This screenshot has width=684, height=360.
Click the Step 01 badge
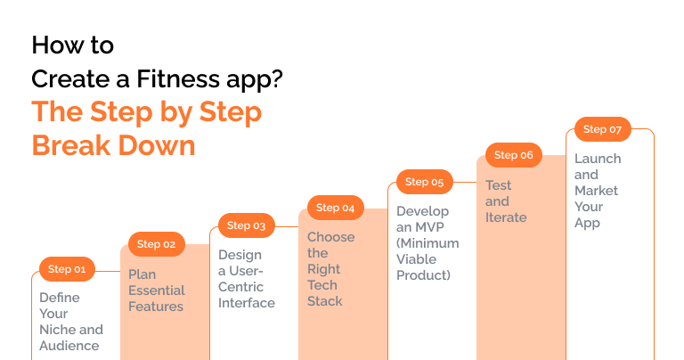[67, 269]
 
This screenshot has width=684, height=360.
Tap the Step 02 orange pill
[156, 244]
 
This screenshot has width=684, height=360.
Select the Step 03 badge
[246, 225]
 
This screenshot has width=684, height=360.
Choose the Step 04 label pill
[335, 208]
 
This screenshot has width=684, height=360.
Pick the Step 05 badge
[424, 182]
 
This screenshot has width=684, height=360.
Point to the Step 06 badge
[513, 155]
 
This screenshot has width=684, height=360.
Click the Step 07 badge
[602, 129]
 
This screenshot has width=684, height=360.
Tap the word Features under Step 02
[156, 307]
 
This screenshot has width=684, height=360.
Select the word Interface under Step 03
[247, 303]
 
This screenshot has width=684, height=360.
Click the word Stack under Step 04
[325, 301]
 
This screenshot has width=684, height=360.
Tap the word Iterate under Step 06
[506, 217]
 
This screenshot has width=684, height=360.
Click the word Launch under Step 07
[598, 159]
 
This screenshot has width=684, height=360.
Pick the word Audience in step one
[69, 346]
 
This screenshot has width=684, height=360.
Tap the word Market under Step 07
[596, 191]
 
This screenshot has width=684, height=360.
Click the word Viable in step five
[416, 259]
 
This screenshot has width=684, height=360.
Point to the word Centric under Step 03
[240, 287]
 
